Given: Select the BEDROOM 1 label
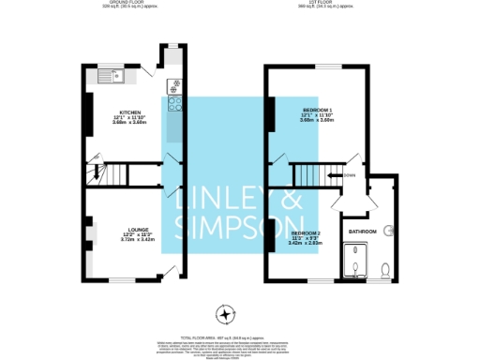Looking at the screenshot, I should [x=316, y=111].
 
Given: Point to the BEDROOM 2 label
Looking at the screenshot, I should [x=306, y=232].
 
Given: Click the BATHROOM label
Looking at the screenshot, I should [x=362, y=231].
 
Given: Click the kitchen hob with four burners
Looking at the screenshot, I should [x=174, y=87].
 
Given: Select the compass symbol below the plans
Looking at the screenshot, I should [x=224, y=312].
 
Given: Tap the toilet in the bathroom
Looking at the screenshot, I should [x=386, y=272].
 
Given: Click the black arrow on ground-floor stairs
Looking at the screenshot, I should [x=94, y=172].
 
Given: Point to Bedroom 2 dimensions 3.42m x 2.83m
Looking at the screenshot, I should [x=306, y=243].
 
